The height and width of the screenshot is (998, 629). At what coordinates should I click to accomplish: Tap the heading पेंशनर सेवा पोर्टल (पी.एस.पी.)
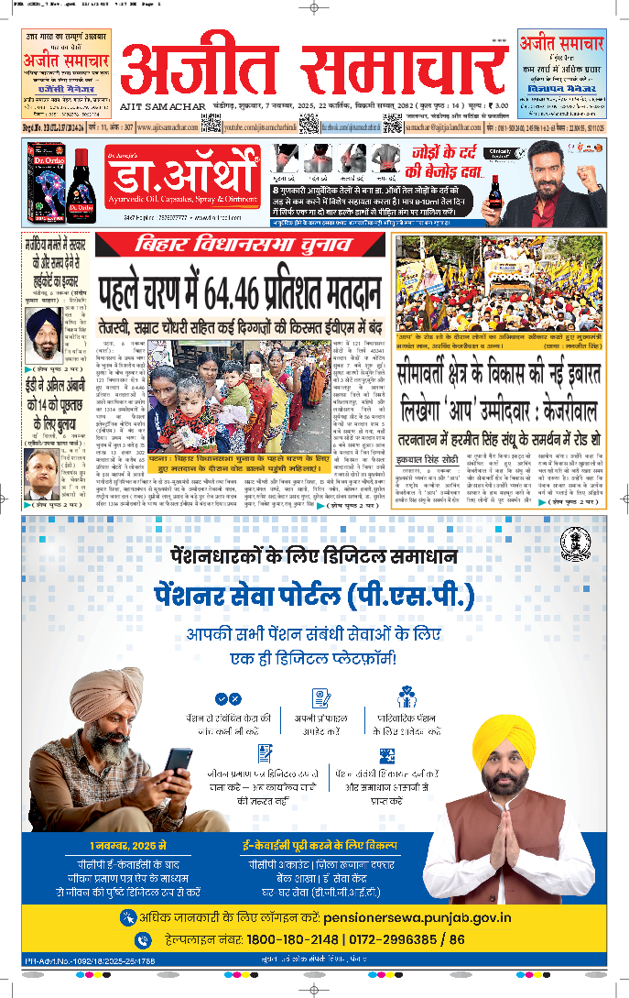pos(314,597)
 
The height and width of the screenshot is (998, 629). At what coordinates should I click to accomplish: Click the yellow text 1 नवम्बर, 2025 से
pos(128,844)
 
